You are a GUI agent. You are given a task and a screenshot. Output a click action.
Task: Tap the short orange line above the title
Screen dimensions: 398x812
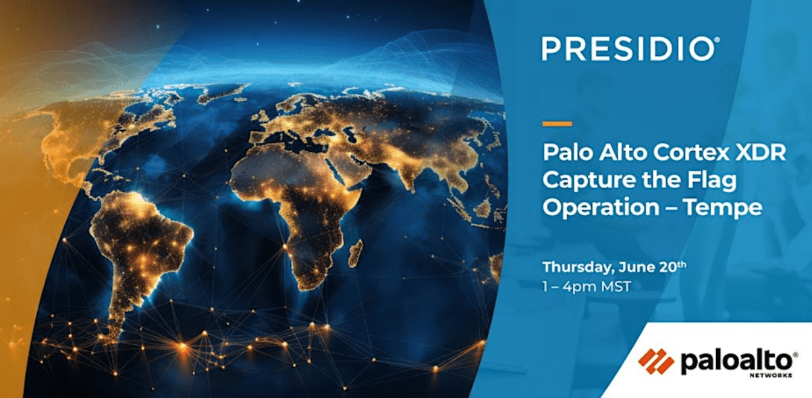(x=557, y=124)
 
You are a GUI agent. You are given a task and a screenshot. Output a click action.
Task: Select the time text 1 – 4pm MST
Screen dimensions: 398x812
(x=587, y=286)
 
